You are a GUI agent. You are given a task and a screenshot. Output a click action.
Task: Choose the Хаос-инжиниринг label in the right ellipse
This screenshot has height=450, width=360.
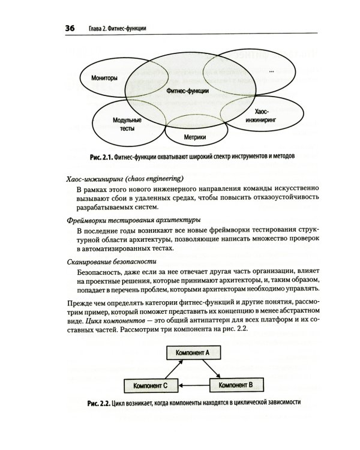[261, 115]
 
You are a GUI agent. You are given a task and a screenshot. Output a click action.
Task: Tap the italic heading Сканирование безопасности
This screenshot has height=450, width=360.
[112, 261]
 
